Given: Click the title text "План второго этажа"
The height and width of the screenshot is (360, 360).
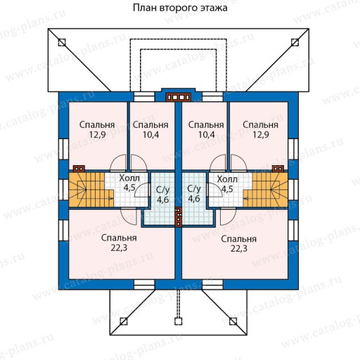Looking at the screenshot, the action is coord(180,8).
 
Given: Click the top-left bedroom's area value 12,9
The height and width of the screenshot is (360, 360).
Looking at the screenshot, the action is coord(97,135).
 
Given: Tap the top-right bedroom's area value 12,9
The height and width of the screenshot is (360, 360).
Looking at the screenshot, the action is coord(261,135).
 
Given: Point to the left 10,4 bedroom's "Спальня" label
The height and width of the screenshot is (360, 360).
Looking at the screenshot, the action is coord(150,124).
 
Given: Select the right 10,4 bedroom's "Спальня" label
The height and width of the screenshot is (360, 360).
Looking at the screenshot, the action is coord(206,124).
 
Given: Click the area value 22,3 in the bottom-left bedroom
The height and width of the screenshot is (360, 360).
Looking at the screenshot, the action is coord(119,247).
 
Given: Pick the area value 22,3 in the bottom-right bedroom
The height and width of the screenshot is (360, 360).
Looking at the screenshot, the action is coord(239,248).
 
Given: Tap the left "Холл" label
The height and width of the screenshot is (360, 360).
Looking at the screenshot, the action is coord(129,179).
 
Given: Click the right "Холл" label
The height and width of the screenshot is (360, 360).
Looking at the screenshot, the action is coord(227,179).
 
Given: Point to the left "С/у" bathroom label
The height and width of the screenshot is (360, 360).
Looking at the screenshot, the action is coord(163,189).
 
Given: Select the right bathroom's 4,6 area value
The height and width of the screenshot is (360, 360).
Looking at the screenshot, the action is coord(194,199).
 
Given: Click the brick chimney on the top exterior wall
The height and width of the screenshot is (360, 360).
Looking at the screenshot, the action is coord(179,97).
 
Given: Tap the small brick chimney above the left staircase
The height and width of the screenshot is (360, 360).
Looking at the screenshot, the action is coord(79,169).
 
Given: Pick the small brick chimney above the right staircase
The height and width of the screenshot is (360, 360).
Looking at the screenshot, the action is coord(278,169).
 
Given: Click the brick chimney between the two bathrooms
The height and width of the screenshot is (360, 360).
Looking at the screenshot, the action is coord(179,217).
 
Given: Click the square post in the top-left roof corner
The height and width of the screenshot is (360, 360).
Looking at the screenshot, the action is coord(62,42).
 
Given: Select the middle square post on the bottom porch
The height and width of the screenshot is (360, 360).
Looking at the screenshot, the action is coord(179,321).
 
